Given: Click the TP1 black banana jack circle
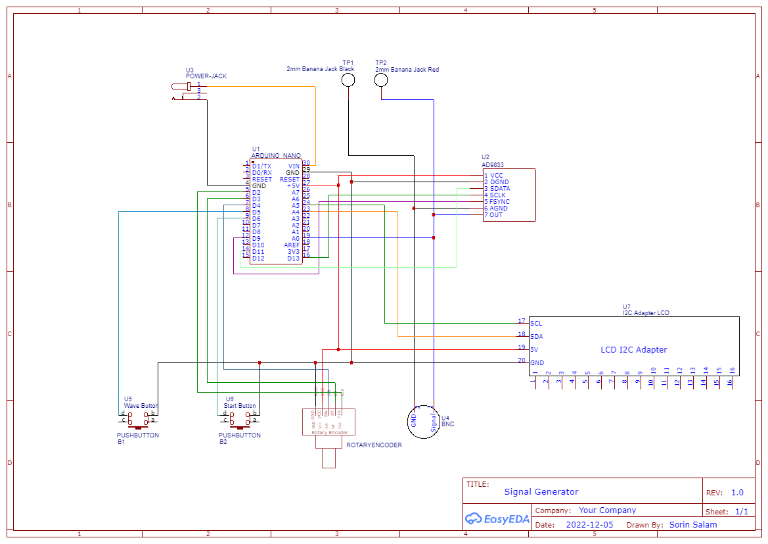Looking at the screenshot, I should tap(348, 80).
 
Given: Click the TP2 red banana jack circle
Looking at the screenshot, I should tap(381, 80).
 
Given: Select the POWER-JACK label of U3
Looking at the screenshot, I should tap(206, 76).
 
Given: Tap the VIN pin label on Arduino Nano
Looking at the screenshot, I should tap(294, 166).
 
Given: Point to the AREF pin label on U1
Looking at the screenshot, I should tap(292, 245).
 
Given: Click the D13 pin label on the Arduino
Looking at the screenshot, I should tap(293, 259).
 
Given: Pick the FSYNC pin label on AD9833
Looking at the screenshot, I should tap(499, 202).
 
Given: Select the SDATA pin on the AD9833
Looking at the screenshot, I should tap(499, 189).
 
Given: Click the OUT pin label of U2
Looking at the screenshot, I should tap(496, 215).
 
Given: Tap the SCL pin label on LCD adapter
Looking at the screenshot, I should tap(536, 324).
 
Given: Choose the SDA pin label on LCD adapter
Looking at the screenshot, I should tap(536, 337).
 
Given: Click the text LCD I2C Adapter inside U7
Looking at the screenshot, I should tap(633, 350).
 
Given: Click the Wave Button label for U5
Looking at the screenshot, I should tap(141, 406).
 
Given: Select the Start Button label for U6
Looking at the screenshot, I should tap(240, 406).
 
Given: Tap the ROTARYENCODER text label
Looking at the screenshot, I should tap(374, 445).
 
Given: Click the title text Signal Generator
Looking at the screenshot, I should tap(541, 492).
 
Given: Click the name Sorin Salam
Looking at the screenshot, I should tap(693, 525).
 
